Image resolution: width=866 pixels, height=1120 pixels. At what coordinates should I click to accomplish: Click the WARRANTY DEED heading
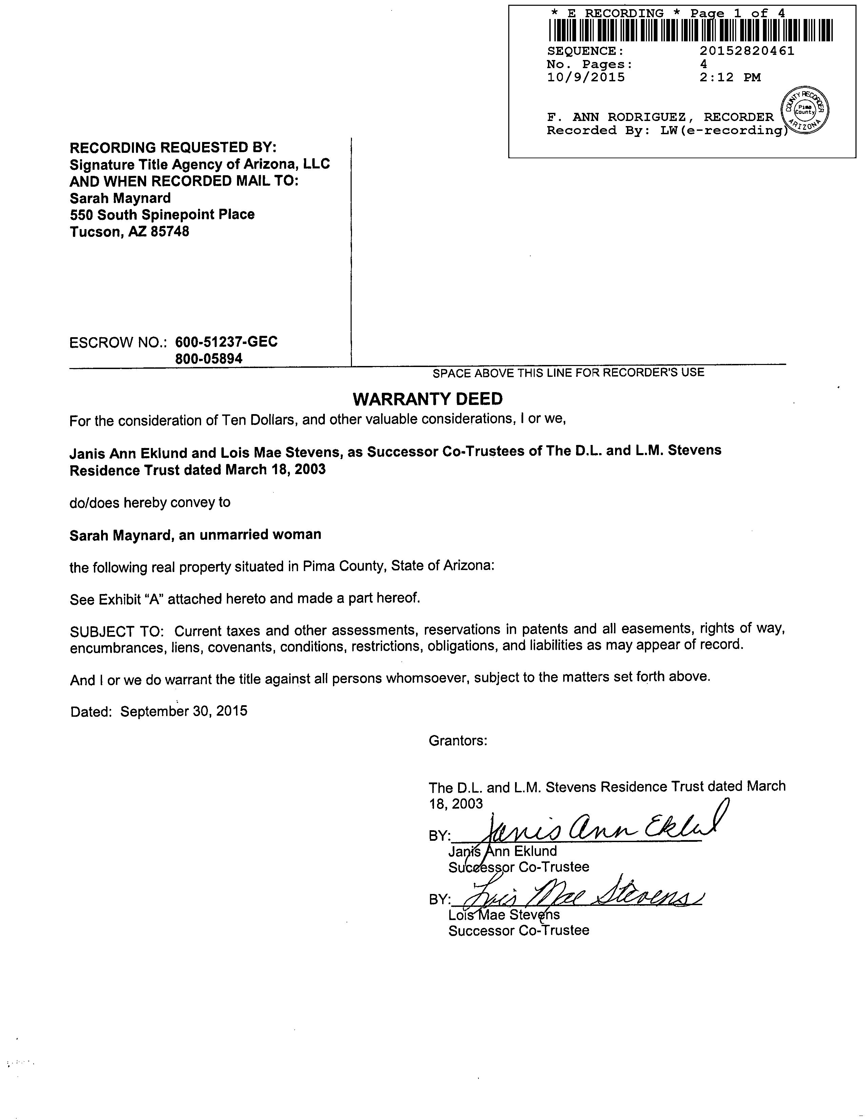pyautogui.click(x=427, y=399)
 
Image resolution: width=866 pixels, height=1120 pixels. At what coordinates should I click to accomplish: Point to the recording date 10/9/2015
pyautogui.click(x=586, y=78)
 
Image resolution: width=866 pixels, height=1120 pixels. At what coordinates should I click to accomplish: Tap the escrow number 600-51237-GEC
pyautogui.click(x=226, y=342)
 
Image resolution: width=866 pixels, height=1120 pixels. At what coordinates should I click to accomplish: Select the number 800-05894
pyautogui.click(x=209, y=359)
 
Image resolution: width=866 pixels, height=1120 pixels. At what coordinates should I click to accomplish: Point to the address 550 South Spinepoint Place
pyautogui.click(x=162, y=215)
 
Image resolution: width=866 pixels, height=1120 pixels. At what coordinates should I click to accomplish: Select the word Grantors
pyautogui.click(x=458, y=740)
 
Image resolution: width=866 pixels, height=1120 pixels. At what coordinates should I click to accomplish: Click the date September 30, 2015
pyautogui.click(x=184, y=711)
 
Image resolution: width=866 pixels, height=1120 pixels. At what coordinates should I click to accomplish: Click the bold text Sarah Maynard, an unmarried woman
pyautogui.click(x=195, y=535)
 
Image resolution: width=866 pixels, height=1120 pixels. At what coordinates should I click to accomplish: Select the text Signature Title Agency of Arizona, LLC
pyautogui.click(x=200, y=165)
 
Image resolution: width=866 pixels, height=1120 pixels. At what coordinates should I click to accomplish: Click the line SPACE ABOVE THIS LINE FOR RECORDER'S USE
pyautogui.click(x=568, y=373)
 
